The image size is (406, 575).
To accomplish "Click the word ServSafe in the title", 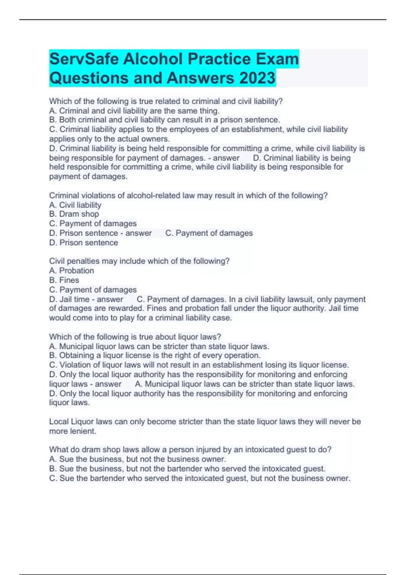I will click(x=84, y=59).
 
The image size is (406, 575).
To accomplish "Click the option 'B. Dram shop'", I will click(x=74, y=214).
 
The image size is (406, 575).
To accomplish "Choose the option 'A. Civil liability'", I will click(x=75, y=205).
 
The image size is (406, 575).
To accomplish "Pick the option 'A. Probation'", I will click(x=71, y=271).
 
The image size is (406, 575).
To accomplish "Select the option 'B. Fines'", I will click(x=64, y=280).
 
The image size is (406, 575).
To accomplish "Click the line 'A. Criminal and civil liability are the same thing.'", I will click(x=134, y=111).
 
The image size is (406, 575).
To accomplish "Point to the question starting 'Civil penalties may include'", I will click(x=139, y=261).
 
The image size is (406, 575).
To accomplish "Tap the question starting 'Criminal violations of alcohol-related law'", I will click(x=188, y=195).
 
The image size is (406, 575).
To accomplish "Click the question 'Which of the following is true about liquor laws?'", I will click(x=135, y=337).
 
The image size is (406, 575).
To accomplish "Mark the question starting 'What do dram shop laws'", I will click(x=190, y=450).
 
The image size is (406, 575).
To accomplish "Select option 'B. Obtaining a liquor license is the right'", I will click(x=155, y=355).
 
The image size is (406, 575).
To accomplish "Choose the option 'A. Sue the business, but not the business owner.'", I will click(x=137, y=459).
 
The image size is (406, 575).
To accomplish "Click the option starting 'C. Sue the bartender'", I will click(x=200, y=478).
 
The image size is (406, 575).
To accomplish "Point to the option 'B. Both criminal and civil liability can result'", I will click(x=164, y=120).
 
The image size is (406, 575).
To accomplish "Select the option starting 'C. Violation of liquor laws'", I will click(x=199, y=365).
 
